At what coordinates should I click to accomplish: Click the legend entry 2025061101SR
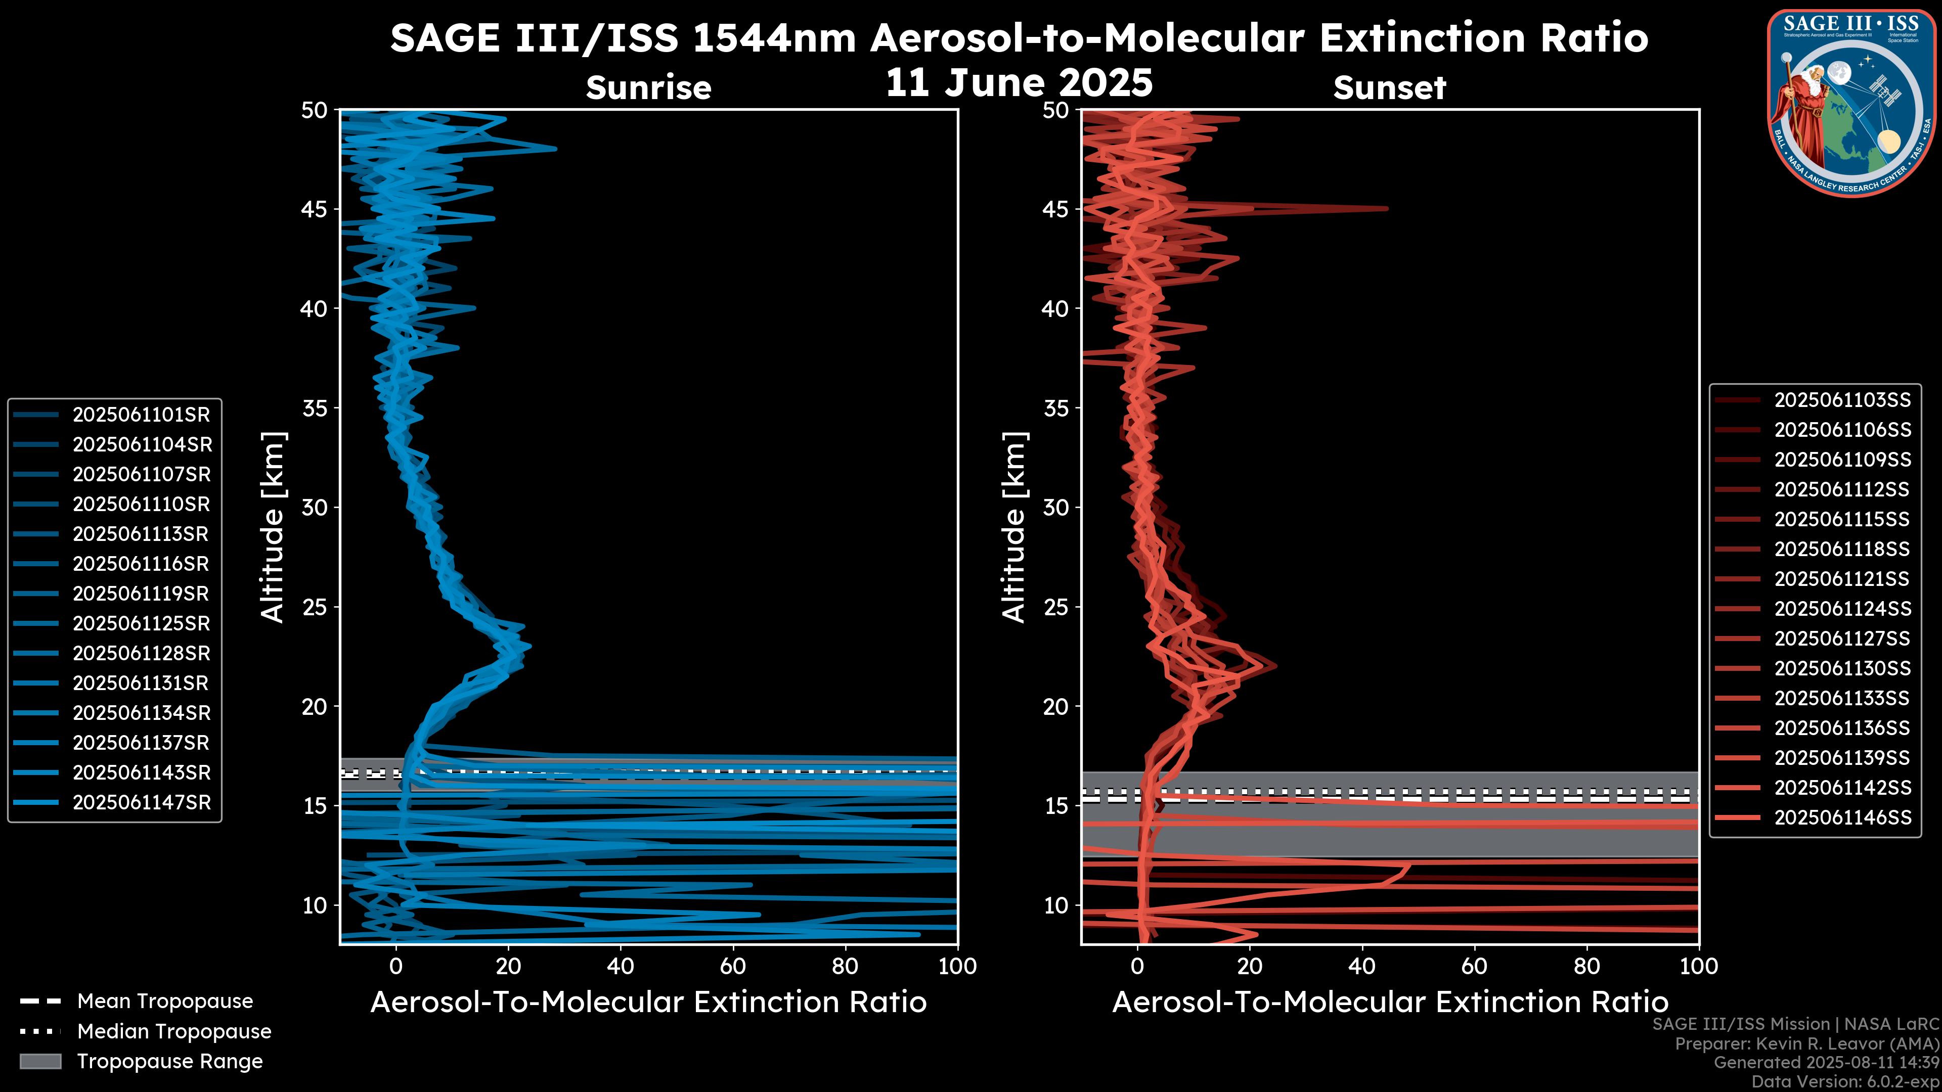pyautogui.click(x=141, y=415)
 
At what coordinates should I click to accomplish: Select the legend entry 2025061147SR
pyautogui.click(x=141, y=803)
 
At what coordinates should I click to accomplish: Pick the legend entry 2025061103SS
pyautogui.click(x=1842, y=400)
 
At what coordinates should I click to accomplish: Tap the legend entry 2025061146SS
pyautogui.click(x=1842, y=817)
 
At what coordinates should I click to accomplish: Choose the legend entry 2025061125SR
pyautogui.click(x=141, y=623)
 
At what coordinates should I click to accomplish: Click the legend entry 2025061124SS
pyautogui.click(x=1842, y=609)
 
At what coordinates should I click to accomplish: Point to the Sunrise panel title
pyautogui.click(x=648, y=88)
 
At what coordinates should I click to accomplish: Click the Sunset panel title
pyautogui.click(x=1389, y=88)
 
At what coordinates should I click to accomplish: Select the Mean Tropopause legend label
pyautogui.click(x=164, y=1002)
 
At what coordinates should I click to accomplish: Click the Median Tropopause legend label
pyautogui.click(x=173, y=1032)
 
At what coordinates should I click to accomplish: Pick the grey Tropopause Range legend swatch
pyautogui.click(x=40, y=1062)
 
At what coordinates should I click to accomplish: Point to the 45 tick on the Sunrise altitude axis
pyautogui.click(x=315, y=209)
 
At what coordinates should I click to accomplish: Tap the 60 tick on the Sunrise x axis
pyautogui.click(x=733, y=966)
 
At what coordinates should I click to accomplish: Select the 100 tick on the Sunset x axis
pyautogui.click(x=1699, y=966)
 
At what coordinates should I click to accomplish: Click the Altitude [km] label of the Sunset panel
pyautogui.click(x=1014, y=527)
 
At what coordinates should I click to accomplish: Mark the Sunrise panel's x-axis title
pyautogui.click(x=648, y=1003)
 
